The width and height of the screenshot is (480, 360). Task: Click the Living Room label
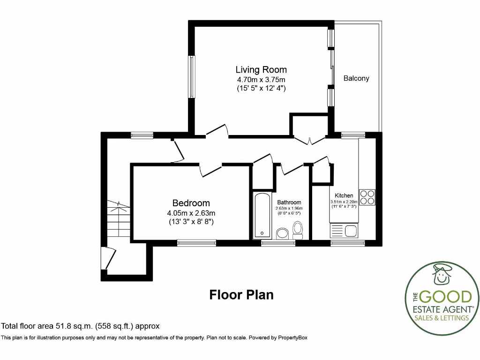click(261, 70)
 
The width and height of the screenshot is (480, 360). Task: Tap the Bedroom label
click(191, 203)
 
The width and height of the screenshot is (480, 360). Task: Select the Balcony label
click(356, 78)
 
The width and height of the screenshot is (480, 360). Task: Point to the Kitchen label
click(344, 195)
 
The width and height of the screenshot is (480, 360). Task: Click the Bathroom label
click(289, 202)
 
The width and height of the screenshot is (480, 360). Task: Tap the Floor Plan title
click(241, 295)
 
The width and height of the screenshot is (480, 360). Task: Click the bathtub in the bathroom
click(262, 216)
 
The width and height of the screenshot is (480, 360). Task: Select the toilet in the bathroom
click(298, 230)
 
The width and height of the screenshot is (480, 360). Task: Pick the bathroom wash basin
click(282, 233)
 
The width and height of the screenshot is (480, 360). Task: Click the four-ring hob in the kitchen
click(367, 197)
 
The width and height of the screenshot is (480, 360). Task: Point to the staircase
click(118, 218)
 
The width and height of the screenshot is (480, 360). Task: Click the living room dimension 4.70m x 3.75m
click(261, 80)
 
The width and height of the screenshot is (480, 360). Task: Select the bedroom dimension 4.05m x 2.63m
click(191, 213)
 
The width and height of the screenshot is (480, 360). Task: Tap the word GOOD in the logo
click(446, 297)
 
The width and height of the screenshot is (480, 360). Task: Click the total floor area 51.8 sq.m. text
click(80, 326)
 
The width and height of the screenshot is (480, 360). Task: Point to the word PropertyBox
click(292, 337)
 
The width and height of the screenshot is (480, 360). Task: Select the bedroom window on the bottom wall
click(196, 243)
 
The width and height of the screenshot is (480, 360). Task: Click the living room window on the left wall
click(192, 77)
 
